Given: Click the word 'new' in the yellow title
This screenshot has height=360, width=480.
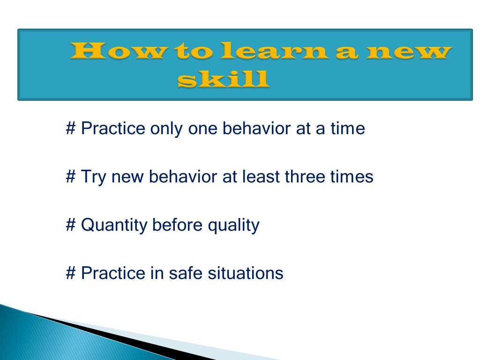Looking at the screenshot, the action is click(409, 51).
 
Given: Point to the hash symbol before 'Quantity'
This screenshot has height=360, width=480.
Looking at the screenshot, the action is click(71, 225).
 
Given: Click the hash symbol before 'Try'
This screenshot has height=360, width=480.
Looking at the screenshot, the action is click(71, 177).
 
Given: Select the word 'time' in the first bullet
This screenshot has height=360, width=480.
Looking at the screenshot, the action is click(348, 128).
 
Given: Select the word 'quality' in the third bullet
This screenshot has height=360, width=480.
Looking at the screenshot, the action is click(233, 225).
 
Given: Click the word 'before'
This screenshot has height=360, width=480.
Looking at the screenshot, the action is click(177, 225).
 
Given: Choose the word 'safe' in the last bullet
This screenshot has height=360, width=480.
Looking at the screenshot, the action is click(186, 273).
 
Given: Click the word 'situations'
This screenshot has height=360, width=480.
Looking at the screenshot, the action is click(246, 273).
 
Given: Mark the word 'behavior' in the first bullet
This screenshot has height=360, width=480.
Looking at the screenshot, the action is click(256, 128).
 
